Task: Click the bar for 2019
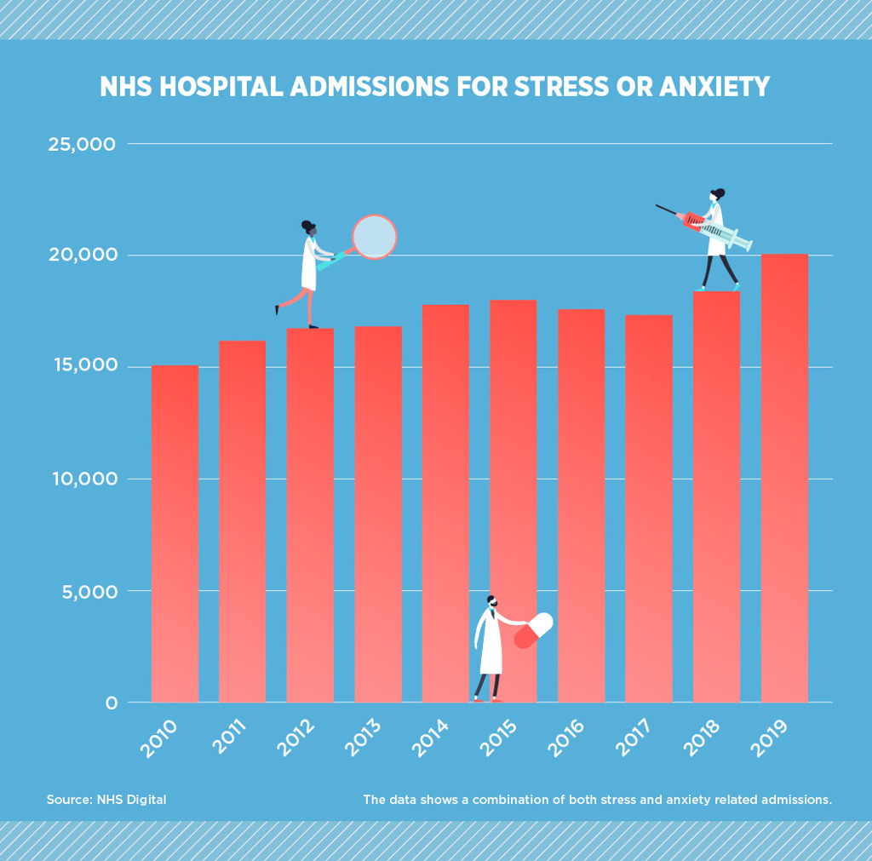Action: pyautogui.click(x=784, y=477)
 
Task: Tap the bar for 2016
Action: pyautogui.click(x=581, y=506)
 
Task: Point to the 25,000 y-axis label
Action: pyautogui.click(x=82, y=145)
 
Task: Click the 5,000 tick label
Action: pyautogui.click(x=87, y=591)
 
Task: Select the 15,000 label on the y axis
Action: pyautogui.click(x=82, y=367)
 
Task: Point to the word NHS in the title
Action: pyautogui.click(x=124, y=87)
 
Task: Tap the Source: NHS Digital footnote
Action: pyautogui.click(x=106, y=800)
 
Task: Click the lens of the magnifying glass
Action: pyautogui.click(x=375, y=237)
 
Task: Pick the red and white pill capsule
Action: pyautogui.click(x=533, y=630)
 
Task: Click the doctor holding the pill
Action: pyautogui.click(x=490, y=647)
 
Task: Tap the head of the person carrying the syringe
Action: pyautogui.click(x=717, y=196)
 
